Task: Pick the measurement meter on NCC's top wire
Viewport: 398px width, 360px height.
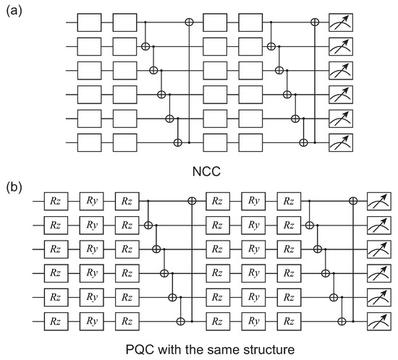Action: [340, 22]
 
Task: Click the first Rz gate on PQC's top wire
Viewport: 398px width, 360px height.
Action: [56, 198]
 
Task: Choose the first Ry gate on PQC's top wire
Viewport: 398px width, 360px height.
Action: [91, 198]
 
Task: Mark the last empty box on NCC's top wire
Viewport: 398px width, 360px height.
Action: [247, 22]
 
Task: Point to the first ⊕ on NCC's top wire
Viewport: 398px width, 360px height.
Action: [190, 22]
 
